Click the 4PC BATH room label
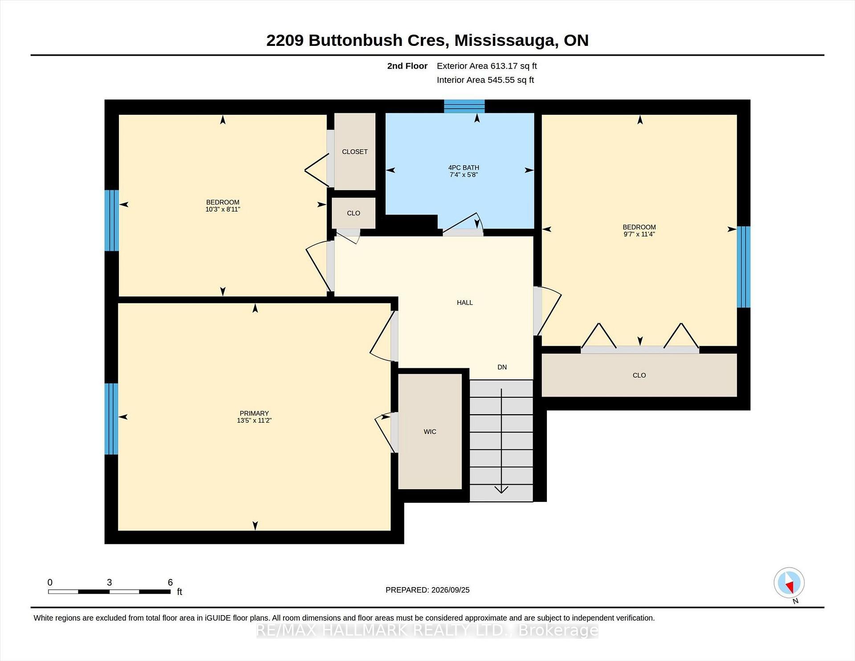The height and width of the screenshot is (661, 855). pyautogui.click(x=464, y=168)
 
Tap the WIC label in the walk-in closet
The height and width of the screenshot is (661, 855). pyautogui.click(x=430, y=432)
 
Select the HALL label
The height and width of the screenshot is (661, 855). pyautogui.click(x=464, y=302)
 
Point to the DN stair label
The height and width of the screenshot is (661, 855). pyautogui.click(x=502, y=367)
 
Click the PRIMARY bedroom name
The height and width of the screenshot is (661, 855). pyautogui.click(x=254, y=413)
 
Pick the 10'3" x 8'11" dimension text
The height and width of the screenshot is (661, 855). pyautogui.click(x=223, y=209)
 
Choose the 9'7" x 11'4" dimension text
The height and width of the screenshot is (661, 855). pyautogui.click(x=639, y=234)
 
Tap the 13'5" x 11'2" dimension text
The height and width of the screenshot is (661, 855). pyautogui.click(x=254, y=420)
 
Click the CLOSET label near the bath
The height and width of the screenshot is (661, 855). pyautogui.click(x=354, y=152)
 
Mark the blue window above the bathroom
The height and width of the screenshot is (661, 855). pyautogui.click(x=464, y=106)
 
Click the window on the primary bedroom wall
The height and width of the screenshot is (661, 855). pyautogui.click(x=111, y=419)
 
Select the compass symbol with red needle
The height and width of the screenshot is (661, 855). pyautogui.click(x=789, y=583)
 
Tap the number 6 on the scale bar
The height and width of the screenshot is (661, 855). pyautogui.click(x=170, y=582)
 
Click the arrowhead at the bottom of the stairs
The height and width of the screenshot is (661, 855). pyautogui.click(x=501, y=490)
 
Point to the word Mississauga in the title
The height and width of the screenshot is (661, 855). pyautogui.click(x=505, y=41)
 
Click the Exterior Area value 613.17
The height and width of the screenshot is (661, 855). pyautogui.click(x=504, y=66)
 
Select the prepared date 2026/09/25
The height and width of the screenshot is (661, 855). pyautogui.click(x=450, y=590)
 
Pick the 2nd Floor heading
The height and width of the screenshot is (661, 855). pyautogui.click(x=407, y=66)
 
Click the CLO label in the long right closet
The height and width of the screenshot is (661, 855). pyautogui.click(x=639, y=375)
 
